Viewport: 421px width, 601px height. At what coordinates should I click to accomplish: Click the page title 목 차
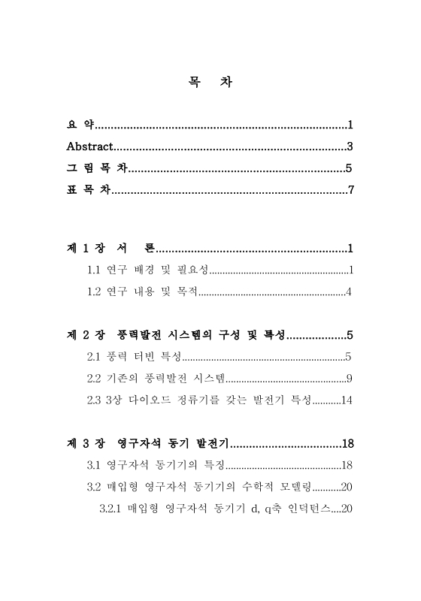tap(210, 83)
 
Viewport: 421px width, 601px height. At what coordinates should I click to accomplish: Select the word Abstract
tap(89, 146)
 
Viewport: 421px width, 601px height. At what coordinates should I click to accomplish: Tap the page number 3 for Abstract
tap(350, 146)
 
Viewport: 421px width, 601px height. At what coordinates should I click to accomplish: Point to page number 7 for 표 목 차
tap(350, 189)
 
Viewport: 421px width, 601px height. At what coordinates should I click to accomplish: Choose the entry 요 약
tap(77, 124)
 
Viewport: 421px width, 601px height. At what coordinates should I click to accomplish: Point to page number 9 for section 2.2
tap(350, 378)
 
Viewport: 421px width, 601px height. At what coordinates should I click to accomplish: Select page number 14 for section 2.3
tap(347, 400)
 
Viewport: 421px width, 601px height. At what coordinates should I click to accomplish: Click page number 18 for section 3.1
tap(347, 464)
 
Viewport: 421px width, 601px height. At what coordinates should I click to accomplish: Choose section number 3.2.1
tap(111, 508)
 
